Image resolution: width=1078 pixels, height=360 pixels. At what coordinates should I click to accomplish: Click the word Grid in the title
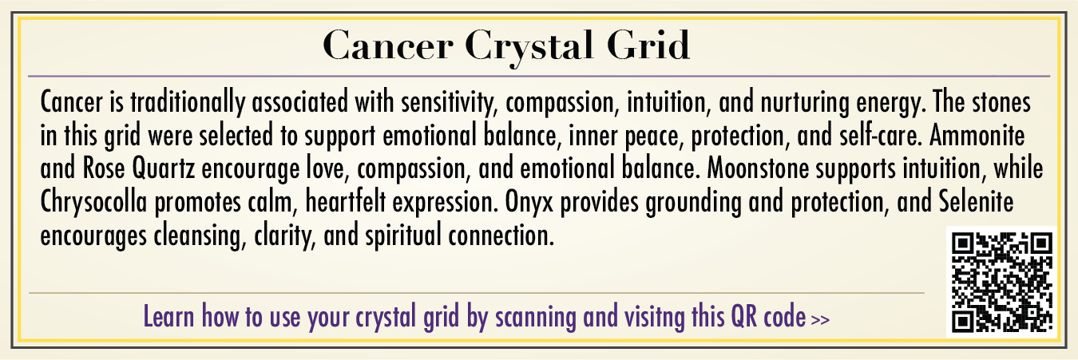pos(648,45)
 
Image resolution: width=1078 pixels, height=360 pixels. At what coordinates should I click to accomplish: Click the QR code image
pos(1001,282)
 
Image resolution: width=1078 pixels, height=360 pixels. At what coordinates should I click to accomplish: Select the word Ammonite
pos(977,135)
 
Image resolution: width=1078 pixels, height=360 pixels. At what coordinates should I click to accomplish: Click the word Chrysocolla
pos(93,202)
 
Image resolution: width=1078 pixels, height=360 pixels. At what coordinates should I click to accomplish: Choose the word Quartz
pos(164,168)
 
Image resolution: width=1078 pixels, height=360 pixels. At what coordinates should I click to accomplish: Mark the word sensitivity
pos(449,103)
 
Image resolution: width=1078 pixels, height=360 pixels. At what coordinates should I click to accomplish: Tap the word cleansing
pos(200,236)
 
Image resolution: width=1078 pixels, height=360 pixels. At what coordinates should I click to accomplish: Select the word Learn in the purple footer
pos(169,316)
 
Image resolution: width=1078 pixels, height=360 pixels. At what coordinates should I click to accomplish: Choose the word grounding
pos(693,203)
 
